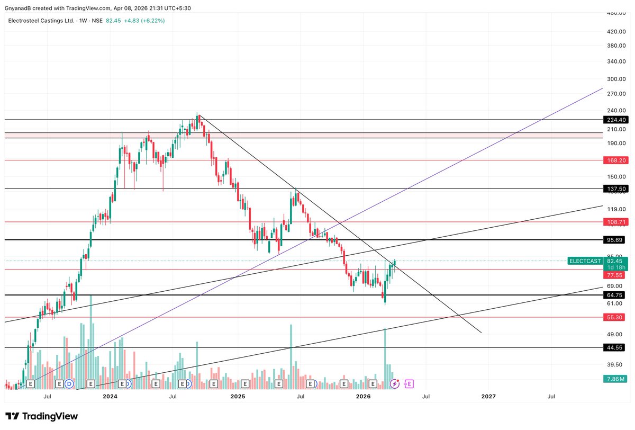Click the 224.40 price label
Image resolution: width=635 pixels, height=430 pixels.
[x=615, y=120]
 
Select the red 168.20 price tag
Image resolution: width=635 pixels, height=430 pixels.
[x=615, y=159]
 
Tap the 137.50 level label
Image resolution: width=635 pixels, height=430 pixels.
[x=615, y=189]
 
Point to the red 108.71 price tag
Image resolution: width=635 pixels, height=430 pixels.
[x=615, y=222]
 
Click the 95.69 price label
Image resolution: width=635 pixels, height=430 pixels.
[x=615, y=240]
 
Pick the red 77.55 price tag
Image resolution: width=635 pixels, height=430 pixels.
[x=615, y=275]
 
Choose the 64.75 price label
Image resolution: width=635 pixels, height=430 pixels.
[x=615, y=294]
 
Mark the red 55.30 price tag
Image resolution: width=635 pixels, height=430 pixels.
[x=615, y=317]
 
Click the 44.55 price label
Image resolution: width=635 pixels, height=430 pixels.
[x=615, y=347]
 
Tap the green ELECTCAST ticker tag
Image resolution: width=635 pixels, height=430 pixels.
[x=585, y=261]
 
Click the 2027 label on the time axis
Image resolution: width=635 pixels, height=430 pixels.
[x=488, y=396]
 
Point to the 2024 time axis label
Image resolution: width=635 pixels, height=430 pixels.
[x=110, y=396]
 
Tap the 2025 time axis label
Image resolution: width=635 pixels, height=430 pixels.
[x=238, y=396]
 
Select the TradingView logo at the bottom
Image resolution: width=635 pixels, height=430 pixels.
[x=42, y=416]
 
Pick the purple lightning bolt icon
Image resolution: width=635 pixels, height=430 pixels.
[x=394, y=383]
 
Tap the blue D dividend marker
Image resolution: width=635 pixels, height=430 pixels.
[x=69, y=383]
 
